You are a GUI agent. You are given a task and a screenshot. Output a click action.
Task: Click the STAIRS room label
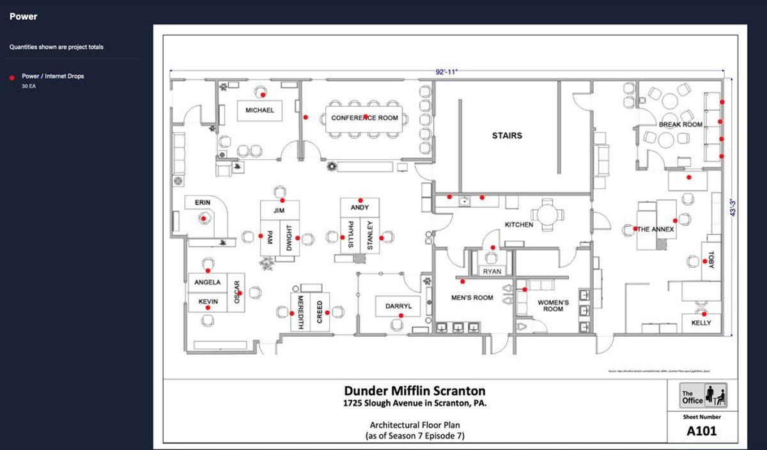pos(507,136)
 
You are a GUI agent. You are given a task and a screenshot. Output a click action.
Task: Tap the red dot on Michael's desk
pos(263,95)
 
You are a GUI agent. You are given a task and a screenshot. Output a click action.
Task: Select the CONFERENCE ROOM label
pos(364,118)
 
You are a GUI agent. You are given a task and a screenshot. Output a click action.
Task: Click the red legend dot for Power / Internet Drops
pos(12,77)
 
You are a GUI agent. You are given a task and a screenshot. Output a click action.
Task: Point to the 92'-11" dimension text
pos(446,72)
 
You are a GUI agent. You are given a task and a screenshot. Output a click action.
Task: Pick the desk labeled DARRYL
pos(398,306)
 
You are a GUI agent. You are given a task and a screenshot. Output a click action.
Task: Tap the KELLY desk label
pos(701,323)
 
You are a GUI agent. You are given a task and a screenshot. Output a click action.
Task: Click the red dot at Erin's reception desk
pos(204,219)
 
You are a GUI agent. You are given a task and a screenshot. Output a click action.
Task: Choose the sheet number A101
pos(702,431)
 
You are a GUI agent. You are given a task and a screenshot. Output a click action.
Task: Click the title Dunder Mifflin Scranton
pos(415,391)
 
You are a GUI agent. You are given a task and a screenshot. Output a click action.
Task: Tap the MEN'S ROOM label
pos(472,297)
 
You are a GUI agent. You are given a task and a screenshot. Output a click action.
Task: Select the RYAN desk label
pos(492,272)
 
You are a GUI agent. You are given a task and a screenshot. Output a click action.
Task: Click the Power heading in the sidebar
pos(23,17)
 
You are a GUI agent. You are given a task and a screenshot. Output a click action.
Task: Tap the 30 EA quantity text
pos(29,86)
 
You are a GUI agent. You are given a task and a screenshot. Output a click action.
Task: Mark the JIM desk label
pos(278,210)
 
